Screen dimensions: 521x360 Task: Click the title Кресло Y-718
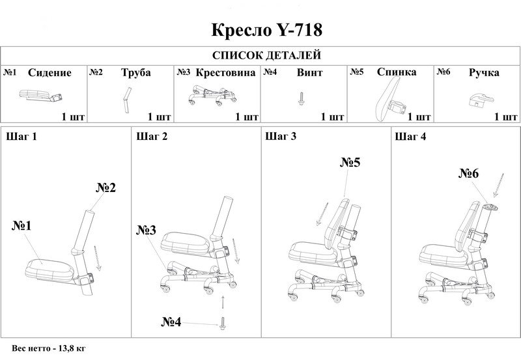267,30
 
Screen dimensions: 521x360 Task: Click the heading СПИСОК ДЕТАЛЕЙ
267,55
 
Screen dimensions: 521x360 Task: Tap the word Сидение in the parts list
49,73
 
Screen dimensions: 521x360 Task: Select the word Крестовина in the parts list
225,72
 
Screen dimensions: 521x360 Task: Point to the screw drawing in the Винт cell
302,99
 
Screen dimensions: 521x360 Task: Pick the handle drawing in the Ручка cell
481,100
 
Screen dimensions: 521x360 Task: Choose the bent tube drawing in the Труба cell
126,100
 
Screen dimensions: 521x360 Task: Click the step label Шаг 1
21,136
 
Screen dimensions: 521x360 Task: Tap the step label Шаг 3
281,136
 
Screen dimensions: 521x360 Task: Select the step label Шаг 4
410,136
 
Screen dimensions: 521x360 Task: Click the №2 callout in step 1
106,187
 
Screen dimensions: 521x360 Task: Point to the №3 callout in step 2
146,230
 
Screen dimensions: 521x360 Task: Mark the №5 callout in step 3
350,162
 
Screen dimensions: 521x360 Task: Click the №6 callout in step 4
469,173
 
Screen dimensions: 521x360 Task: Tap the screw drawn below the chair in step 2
222,323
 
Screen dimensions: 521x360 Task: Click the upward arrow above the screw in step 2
223,301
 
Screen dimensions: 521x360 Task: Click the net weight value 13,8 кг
72,348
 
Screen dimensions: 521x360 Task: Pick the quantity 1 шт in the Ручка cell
506,117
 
